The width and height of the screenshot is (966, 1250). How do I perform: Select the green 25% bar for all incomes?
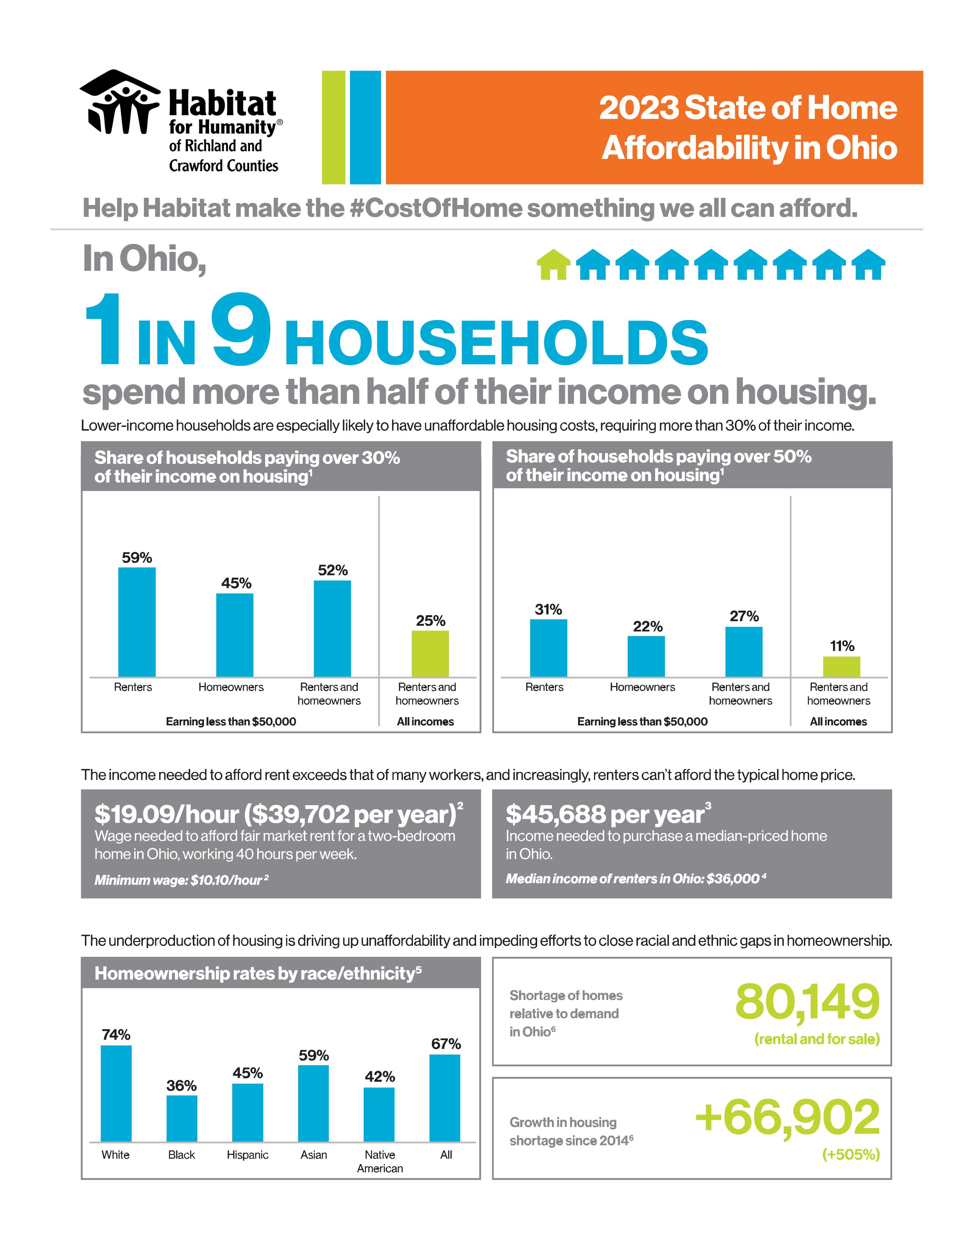(x=430, y=654)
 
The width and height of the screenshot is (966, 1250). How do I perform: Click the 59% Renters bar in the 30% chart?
(x=137, y=622)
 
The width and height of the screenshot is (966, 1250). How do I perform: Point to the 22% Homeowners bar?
(x=646, y=656)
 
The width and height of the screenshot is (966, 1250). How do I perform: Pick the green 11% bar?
(x=841, y=667)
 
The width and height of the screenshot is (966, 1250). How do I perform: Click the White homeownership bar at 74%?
(x=116, y=1093)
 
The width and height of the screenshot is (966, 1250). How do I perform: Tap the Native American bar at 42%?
(x=380, y=1114)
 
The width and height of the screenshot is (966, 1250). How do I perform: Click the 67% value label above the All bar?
(x=446, y=1044)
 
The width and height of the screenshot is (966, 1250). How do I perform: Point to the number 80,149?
(x=807, y=1002)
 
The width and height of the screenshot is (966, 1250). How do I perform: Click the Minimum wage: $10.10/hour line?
(x=181, y=880)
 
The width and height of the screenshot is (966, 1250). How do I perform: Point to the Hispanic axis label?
(x=247, y=1155)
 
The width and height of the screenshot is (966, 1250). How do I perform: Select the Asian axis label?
(x=314, y=1155)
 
